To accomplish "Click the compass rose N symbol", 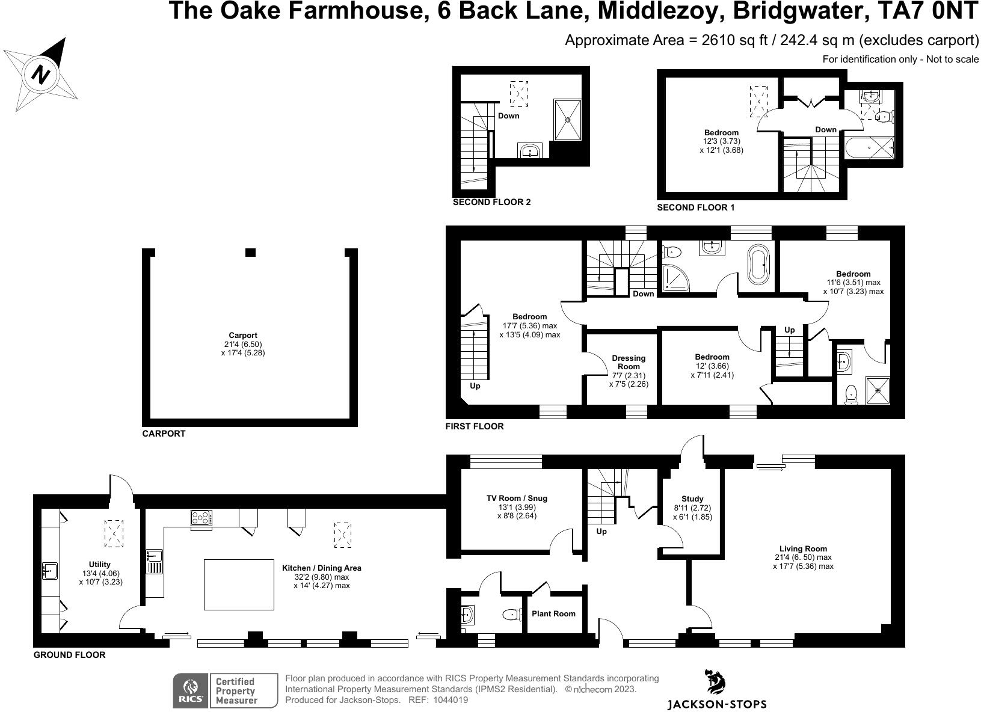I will (41, 75).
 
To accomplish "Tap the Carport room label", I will (242, 336).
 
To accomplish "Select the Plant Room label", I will (553, 614).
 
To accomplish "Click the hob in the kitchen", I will (201, 518).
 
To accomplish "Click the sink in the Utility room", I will (49, 570).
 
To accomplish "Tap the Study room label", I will (692, 499).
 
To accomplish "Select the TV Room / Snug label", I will (517, 498).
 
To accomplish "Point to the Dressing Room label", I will (629, 362).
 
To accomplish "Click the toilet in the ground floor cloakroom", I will (512, 615).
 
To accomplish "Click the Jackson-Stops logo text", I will (717, 704).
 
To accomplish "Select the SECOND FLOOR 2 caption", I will (491, 203).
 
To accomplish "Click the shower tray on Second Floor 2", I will (567, 118).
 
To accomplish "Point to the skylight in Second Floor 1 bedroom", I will (758, 101).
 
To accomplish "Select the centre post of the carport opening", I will (251, 253).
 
